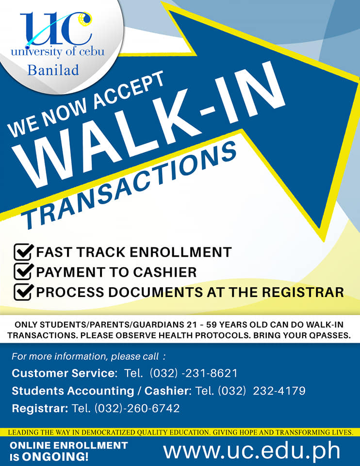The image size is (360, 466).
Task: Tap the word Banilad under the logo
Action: [x=53, y=70]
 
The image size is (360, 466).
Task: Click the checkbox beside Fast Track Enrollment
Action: [x=23, y=252]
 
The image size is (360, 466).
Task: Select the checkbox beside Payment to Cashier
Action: [x=23, y=272]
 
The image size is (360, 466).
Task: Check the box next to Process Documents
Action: [x=23, y=292]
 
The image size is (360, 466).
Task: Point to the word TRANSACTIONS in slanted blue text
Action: [x=130, y=186]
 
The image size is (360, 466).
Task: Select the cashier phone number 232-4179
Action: [x=279, y=391]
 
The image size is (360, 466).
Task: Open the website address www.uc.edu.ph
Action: [x=252, y=451]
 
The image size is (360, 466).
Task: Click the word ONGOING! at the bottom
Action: [x=55, y=456]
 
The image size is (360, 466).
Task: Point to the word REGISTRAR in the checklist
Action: [x=303, y=292]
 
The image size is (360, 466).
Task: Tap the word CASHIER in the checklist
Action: [x=165, y=272]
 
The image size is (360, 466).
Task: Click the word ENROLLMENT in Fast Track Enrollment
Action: [x=180, y=252]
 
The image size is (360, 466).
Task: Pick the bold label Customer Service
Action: [x=65, y=373]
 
